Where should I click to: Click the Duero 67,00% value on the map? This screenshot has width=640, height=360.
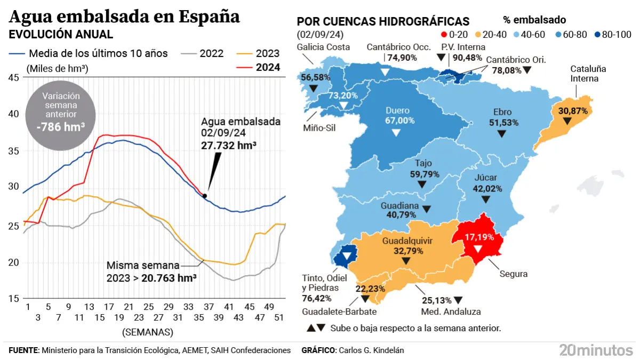point(400,121)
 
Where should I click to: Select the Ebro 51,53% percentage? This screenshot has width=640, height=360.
point(501,123)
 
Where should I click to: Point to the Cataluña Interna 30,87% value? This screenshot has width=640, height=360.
point(573,111)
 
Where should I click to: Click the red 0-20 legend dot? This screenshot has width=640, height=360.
point(444,35)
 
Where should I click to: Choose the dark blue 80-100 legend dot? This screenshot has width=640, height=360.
point(597,35)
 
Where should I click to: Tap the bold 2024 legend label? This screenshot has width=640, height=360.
point(268,67)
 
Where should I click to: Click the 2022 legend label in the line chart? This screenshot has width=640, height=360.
point(212,53)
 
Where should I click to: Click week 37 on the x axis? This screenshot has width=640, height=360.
point(209,307)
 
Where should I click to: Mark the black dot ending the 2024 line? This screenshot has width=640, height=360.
point(205,196)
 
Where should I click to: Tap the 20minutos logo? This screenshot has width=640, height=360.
point(595,350)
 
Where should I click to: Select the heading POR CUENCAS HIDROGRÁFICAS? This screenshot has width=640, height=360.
point(383,21)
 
